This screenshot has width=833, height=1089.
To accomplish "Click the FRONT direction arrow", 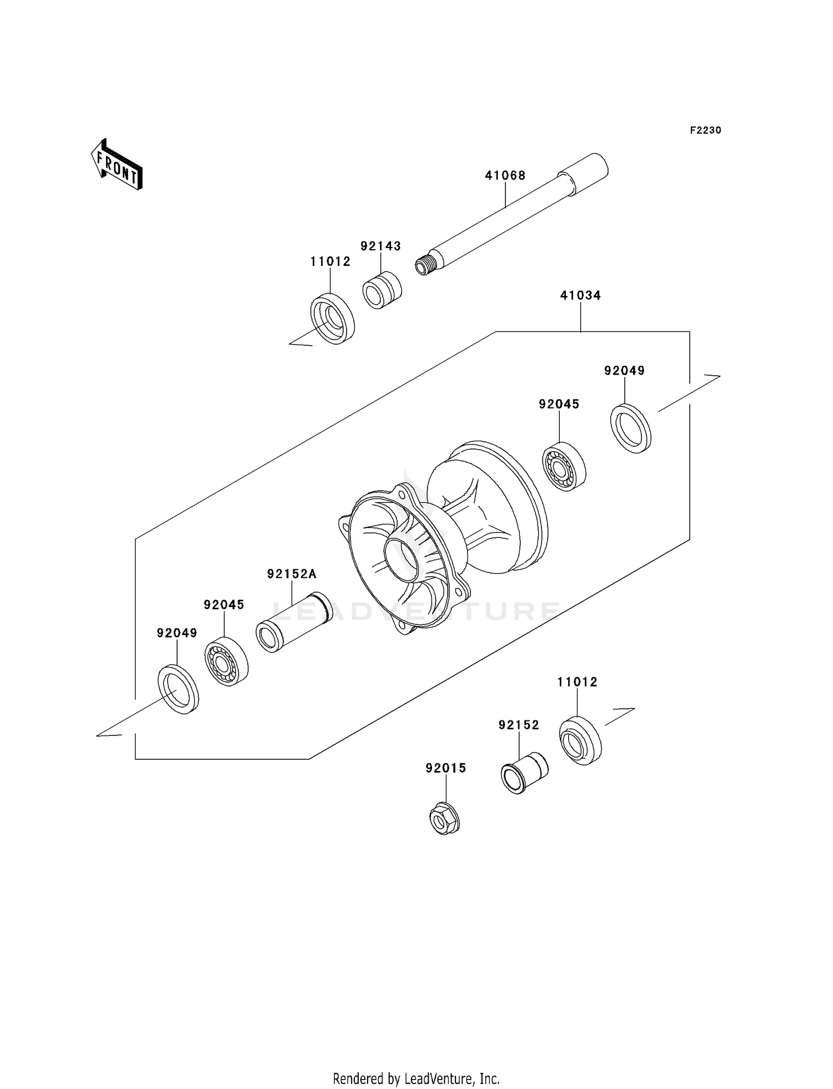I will (x=117, y=165).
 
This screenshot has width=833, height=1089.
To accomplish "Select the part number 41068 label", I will (x=505, y=176).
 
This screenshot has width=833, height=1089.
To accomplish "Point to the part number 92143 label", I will (x=380, y=246).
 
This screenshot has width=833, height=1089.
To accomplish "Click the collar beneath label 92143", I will (x=382, y=290).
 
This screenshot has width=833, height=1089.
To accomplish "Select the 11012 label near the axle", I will (x=330, y=262).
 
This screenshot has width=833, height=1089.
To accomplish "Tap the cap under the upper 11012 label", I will (x=332, y=320).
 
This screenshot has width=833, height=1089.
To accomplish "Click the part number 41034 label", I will (x=580, y=296).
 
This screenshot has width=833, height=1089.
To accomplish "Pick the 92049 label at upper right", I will (x=624, y=371).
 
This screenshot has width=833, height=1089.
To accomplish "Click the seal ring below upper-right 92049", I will (x=631, y=428).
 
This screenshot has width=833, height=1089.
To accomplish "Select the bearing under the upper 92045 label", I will (x=563, y=466).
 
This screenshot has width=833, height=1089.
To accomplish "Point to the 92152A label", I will (x=292, y=574).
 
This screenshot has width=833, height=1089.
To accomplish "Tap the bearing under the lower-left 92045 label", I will (x=226, y=661).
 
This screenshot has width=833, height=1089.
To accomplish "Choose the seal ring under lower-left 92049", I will (x=178, y=688).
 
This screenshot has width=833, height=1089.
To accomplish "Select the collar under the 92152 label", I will (x=524, y=772).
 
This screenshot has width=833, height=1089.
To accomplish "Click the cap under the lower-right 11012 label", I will (x=580, y=741).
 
